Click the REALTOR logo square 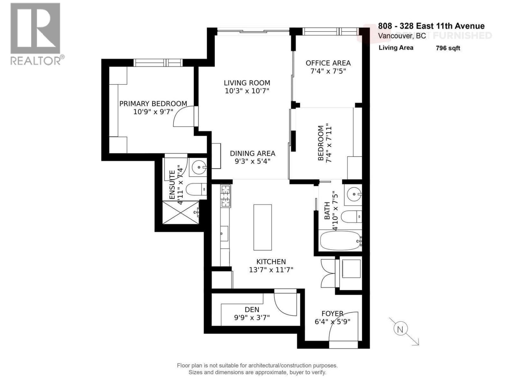35,28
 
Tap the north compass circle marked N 400,329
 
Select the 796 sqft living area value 448,48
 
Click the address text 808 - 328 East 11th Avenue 431,26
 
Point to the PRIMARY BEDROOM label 153,104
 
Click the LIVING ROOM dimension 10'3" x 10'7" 247,91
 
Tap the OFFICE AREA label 328,63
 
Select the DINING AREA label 252,153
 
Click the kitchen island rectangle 262,227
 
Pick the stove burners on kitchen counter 225,196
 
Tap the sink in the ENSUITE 199,167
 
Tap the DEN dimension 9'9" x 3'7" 252,317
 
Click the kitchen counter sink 224,233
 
